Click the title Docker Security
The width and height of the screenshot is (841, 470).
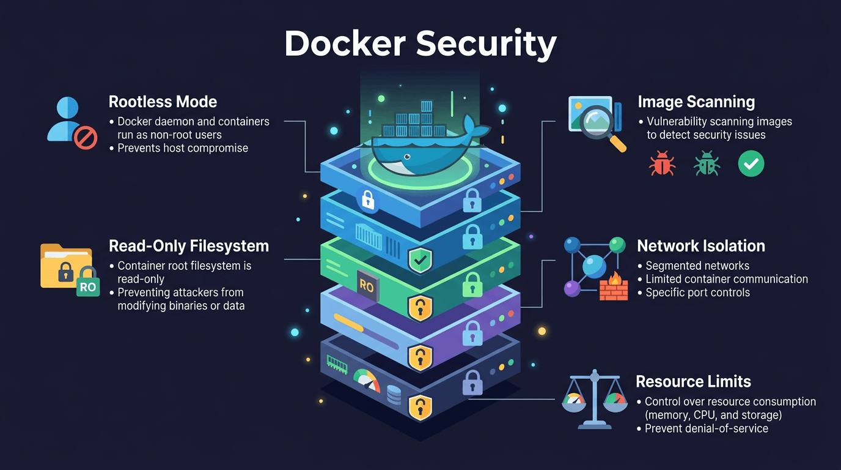420,43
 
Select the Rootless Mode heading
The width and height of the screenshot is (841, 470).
163,102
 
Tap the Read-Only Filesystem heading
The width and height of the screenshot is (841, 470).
188,246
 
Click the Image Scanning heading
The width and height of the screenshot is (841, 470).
696,102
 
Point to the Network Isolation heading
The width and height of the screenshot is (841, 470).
700,246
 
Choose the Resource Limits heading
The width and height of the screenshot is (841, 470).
693,382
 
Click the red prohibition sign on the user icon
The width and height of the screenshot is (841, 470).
86,138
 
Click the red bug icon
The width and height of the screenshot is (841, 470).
663,164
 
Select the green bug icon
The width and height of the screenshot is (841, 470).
707,164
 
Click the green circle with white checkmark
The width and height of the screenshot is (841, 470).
751,164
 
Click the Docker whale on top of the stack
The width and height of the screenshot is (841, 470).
422,147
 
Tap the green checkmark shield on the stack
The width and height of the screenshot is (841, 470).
420,260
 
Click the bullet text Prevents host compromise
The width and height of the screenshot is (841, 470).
182,148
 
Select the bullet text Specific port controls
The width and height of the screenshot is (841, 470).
697,293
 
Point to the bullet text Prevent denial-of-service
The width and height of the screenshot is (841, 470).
706,428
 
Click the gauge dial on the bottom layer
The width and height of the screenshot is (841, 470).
367,381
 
